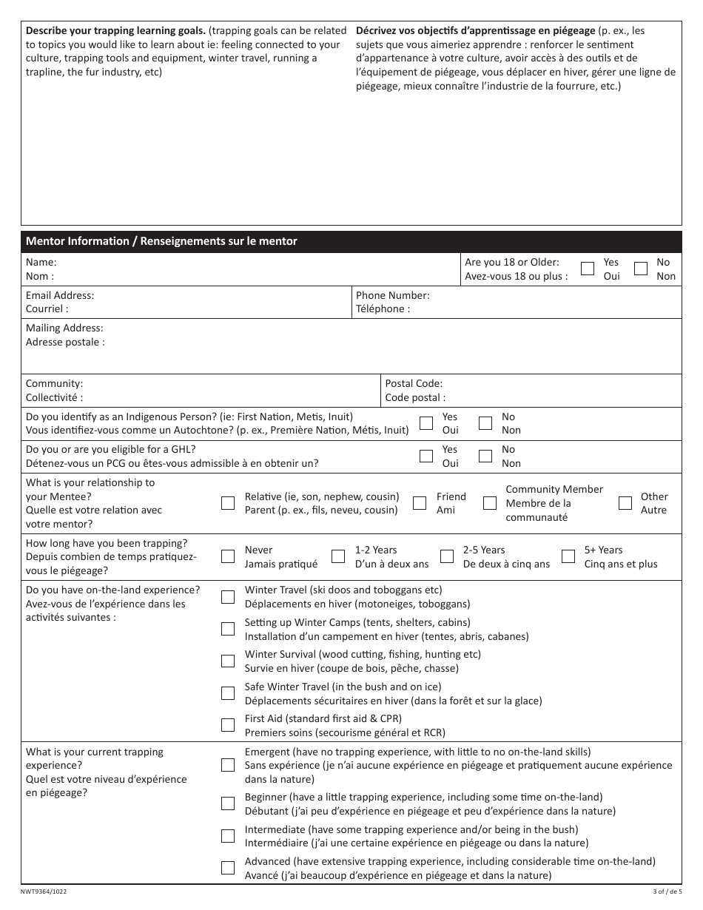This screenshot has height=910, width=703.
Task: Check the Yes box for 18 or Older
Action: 588,269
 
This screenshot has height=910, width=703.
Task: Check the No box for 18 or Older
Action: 642,269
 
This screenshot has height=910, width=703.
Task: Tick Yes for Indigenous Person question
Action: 426,423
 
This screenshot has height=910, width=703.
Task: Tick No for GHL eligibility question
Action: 485,456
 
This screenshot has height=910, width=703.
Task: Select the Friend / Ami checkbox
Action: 420,503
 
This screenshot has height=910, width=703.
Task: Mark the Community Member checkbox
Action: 489,503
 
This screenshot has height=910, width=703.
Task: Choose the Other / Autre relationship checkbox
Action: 625,503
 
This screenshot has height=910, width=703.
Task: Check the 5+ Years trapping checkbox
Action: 568,556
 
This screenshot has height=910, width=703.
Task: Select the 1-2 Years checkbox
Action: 338,556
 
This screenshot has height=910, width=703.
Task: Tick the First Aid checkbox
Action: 228,725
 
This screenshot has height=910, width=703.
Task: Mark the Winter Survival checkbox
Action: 228,661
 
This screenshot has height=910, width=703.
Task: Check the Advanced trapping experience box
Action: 228,868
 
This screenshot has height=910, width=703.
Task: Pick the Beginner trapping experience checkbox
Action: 228,803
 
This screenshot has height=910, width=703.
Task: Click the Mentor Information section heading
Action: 161,241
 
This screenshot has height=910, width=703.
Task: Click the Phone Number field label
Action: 392,295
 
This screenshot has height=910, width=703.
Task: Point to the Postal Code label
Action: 414,383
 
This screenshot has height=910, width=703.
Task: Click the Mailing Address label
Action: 64,328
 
